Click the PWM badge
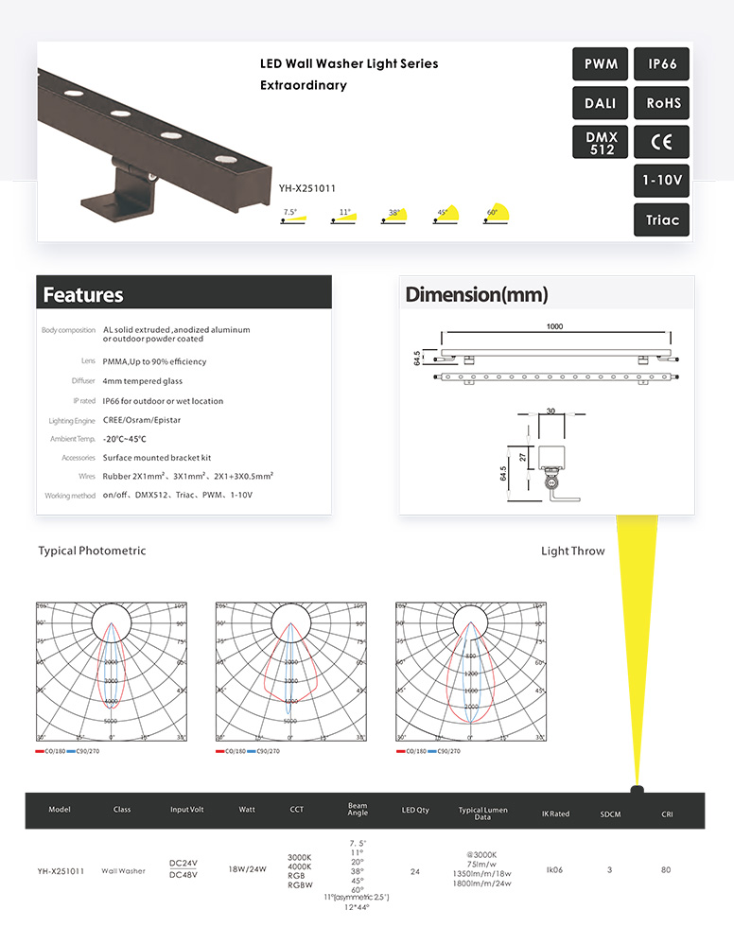pyautogui.click(x=602, y=64)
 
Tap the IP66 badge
pyautogui.click(x=662, y=64)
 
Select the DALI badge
pyautogui.click(x=602, y=103)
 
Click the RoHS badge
pyautogui.click(x=662, y=103)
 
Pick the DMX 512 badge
pyautogui.click(x=602, y=143)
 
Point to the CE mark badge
pyautogui.click(x=662, y=143)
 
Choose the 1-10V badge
pyautogui.click(x=662, y=181)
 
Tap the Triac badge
pyautogui.click(x=662, y=219)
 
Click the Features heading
pyautogui.click(x=83, y=294)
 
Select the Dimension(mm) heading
pyautogui.click(x=476, y=294)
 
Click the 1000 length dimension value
pyautogui.click(x=554, y=326)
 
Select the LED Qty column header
pyautogui.click(x=416, y=811)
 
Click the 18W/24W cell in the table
pyautogui.click(x=248, y=869)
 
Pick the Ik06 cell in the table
pyautogui.click(x=554, y=869)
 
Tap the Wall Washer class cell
pyautogui.click(x=124, y=870)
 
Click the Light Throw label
pyautogui.click(x=572, y=551)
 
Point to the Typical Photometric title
pyautogui.click(x=92, y=551)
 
